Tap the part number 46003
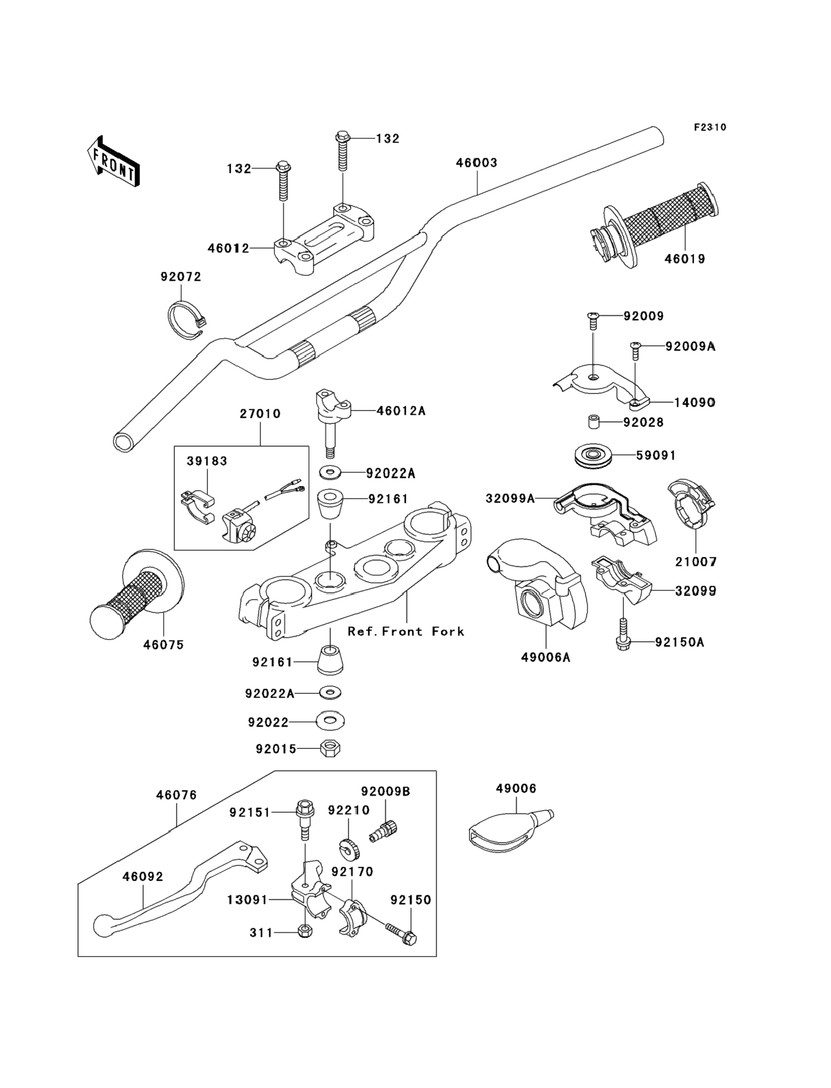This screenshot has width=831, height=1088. (476, 163)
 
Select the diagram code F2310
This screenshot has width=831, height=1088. (710, 128)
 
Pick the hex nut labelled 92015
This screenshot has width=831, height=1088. (330, 748)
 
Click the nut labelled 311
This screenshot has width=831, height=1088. (305, 932)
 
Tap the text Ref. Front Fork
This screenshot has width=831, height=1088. (406, 632)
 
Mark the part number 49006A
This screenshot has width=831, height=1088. (545, 657)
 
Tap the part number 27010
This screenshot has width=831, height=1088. (260, 414)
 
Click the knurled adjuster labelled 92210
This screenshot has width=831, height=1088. (350, 848)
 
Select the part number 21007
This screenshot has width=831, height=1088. (696, 562)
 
